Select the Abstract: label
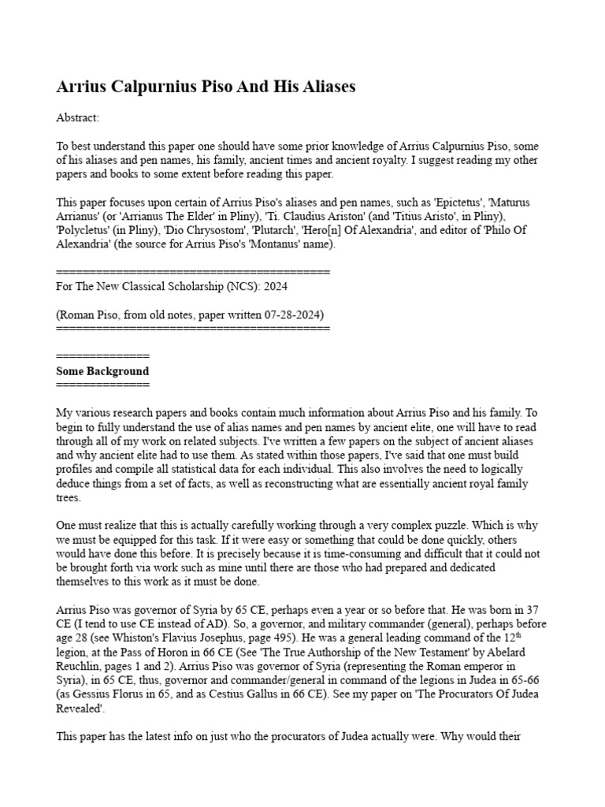[78, 117]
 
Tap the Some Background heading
[102, 370]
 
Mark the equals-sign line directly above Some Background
[102, 357]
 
